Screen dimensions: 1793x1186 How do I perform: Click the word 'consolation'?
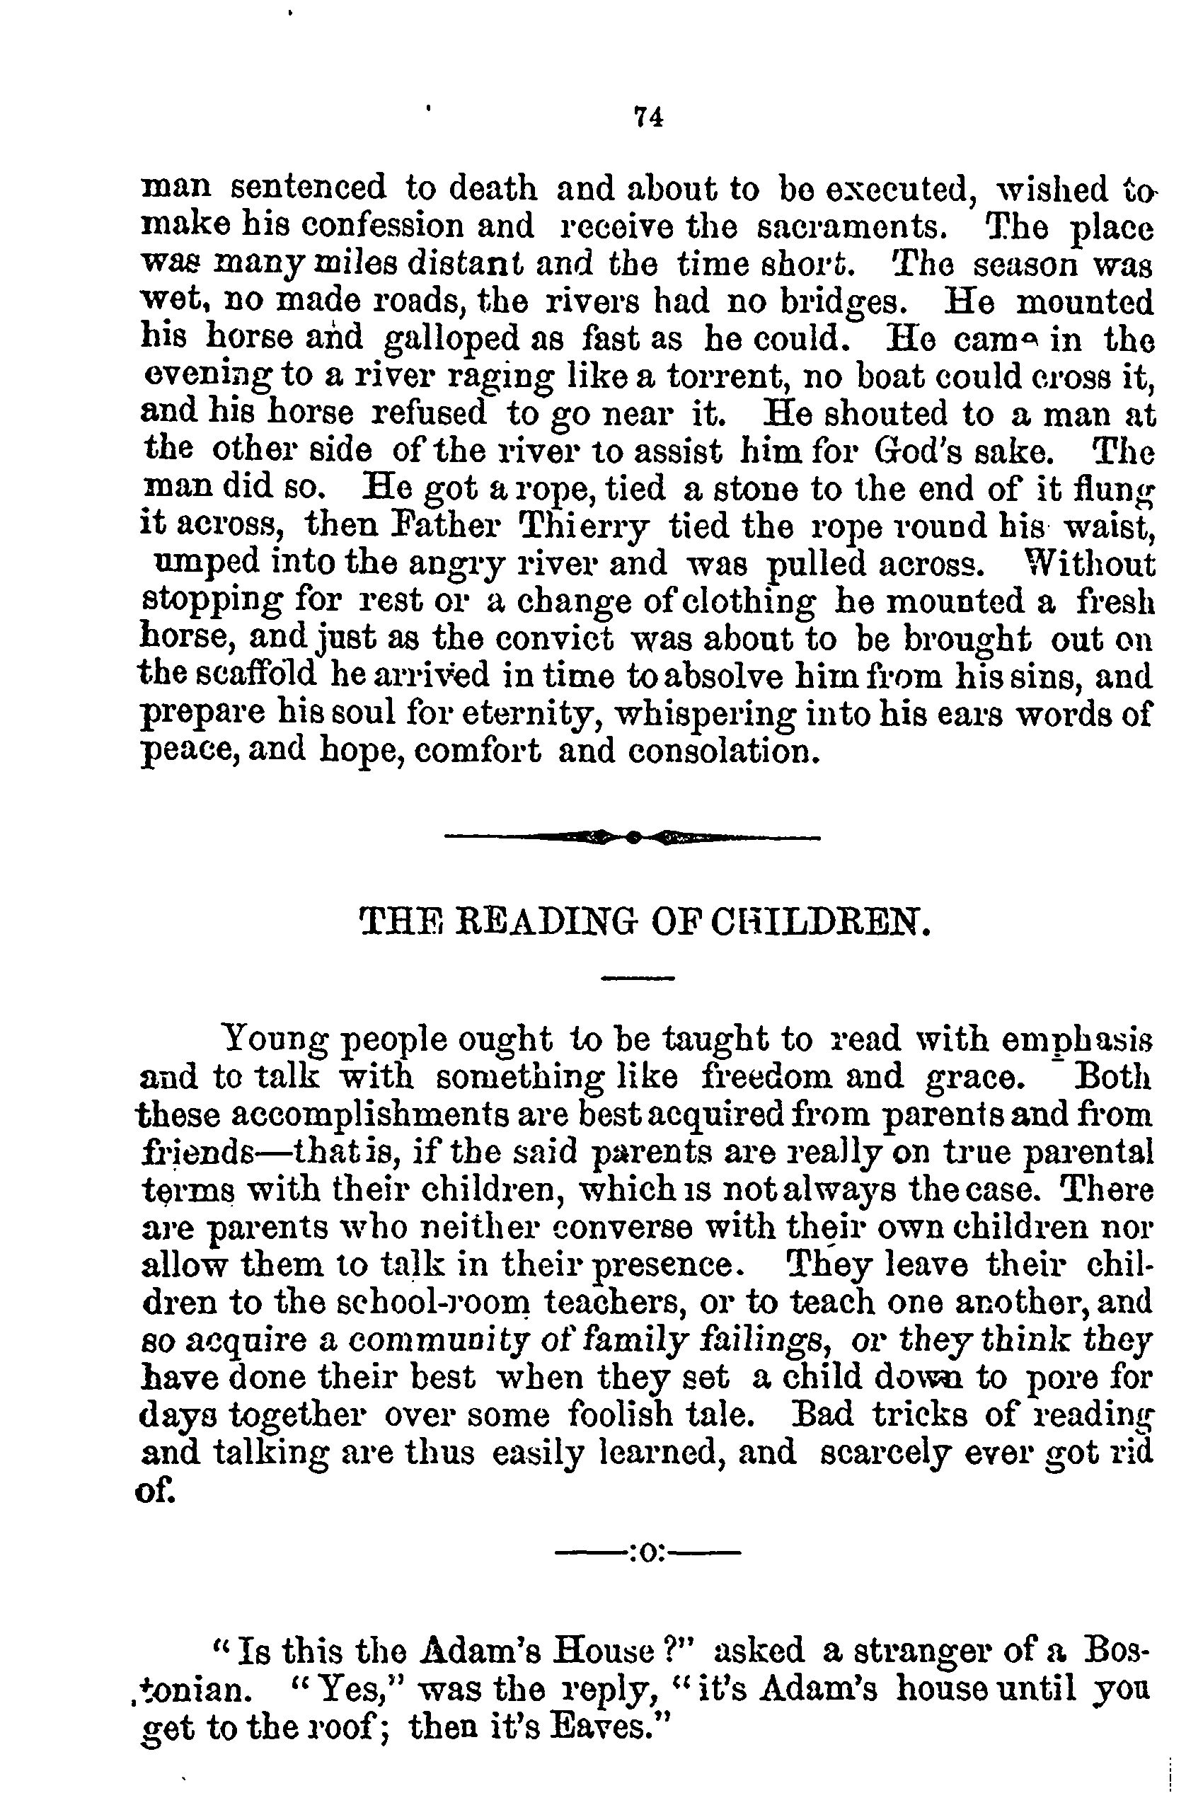(x=724, y=752)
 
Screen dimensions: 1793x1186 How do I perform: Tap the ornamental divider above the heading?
(x=633, y=837)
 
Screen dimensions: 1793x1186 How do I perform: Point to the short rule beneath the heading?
(x=637, y=979)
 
